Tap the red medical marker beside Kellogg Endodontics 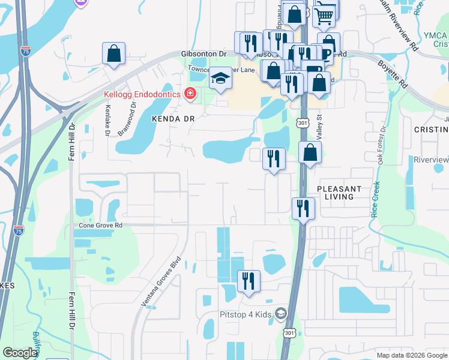pyautogui.click(x=190, y=93)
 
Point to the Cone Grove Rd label pyautogui.click(x=101, y=226)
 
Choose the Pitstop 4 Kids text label pyautogui.click(x=244, y=314)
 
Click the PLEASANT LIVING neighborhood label pyautogui.click(x=339, y=193)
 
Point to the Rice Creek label pyautogui.click(x=376, y=199)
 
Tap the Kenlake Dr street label pyautogui.click(x=108, y=120)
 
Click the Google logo pyautogui.click(x=20, y=353)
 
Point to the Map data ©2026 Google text pyautogui.click(x=411, y=355)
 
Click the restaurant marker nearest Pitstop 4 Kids pyautogui.click(x=249, y=280)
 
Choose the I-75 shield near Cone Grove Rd pyautogui.click(x=18, y=230)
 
